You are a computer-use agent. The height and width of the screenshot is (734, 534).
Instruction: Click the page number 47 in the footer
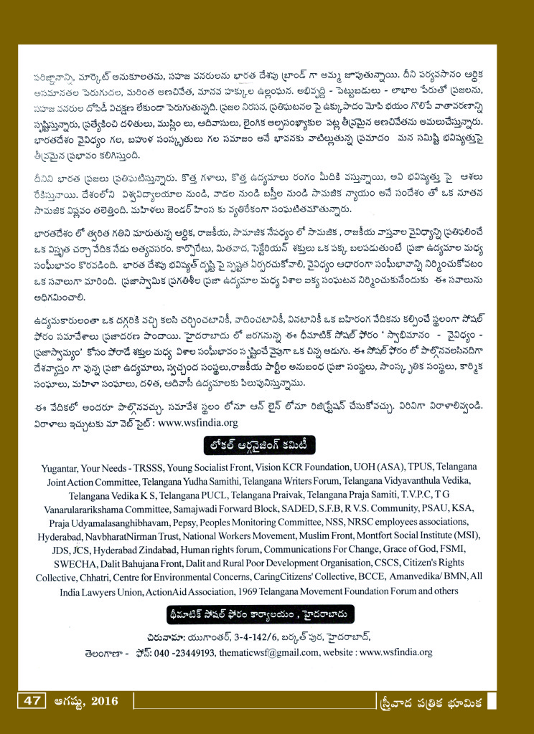(x=30, y=700)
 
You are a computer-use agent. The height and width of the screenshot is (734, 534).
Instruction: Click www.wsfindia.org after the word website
(x=395, y=653)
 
